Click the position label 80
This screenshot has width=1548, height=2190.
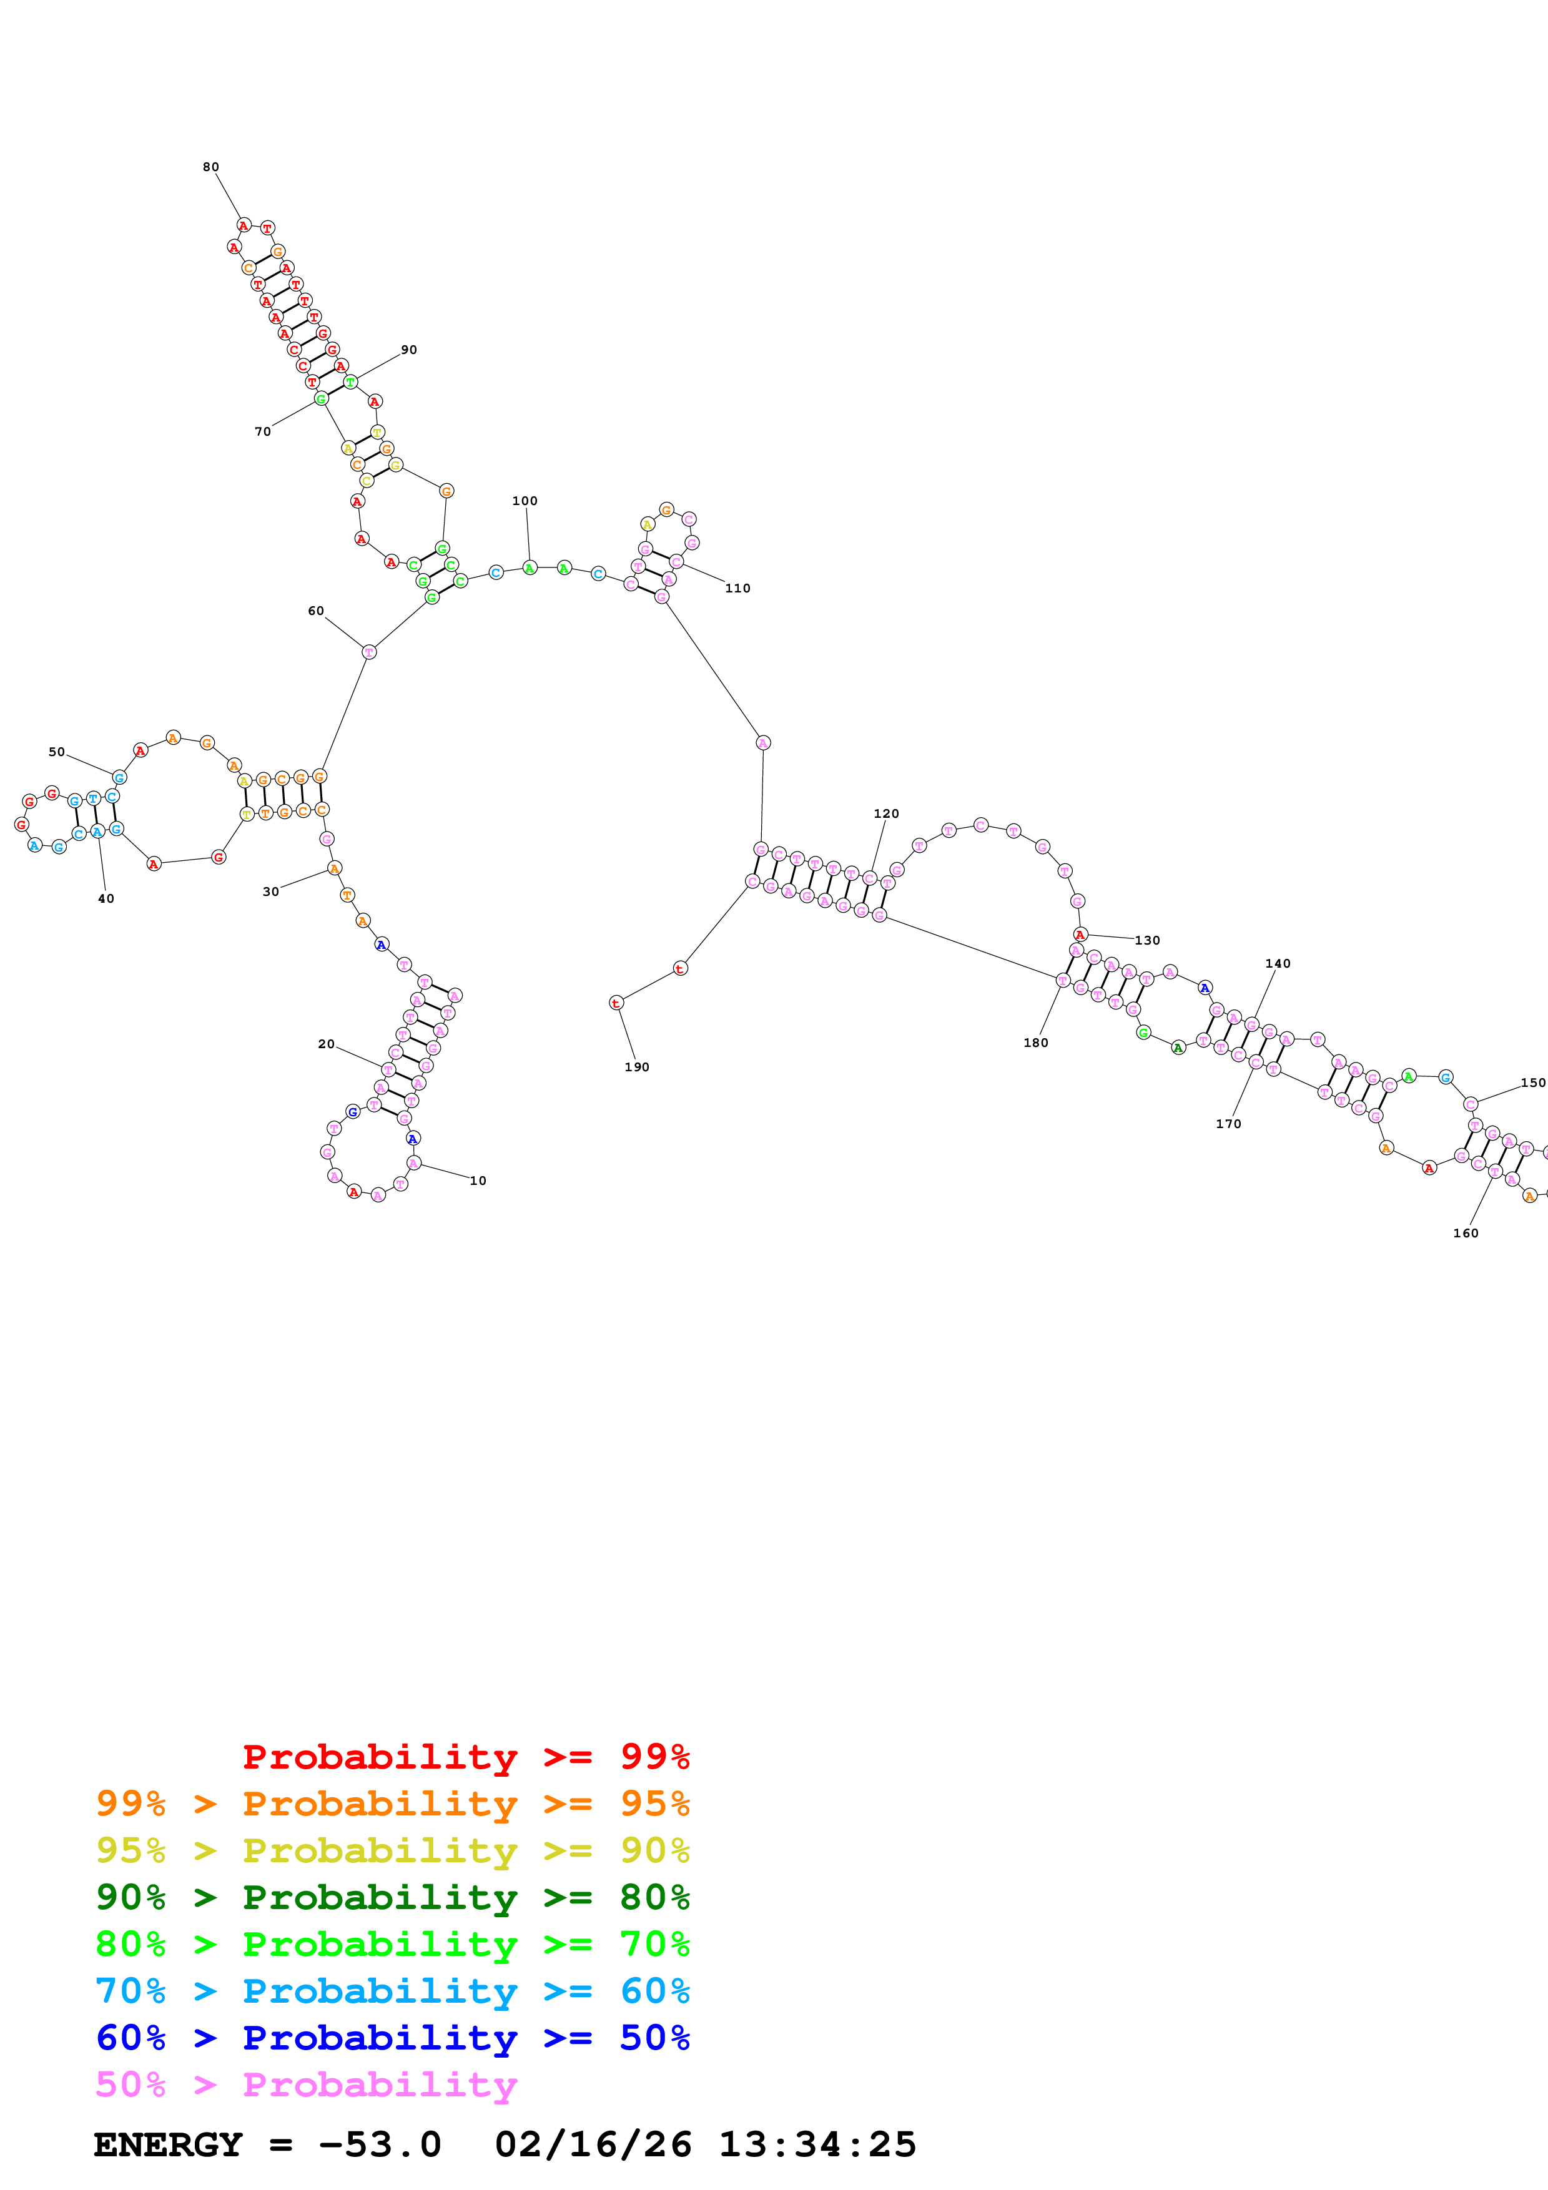point(211,167)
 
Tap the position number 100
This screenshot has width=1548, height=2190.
point(525,501)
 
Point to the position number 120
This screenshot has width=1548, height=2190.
point(886,813)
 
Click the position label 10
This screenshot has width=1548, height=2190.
point(478,1181)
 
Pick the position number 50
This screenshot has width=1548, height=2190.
point(57,752)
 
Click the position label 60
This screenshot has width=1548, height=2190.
point(316,611)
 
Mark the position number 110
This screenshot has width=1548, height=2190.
point(737,589)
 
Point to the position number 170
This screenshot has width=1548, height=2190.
point(1228,1124)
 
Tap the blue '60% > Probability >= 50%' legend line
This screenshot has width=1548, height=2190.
point(392,2038)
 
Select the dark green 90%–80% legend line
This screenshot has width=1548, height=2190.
point(392,1897)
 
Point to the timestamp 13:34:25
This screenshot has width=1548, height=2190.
point(817,2144)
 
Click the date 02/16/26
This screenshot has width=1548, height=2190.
point(593,2144)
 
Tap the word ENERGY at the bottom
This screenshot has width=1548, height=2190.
point(168,2144)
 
